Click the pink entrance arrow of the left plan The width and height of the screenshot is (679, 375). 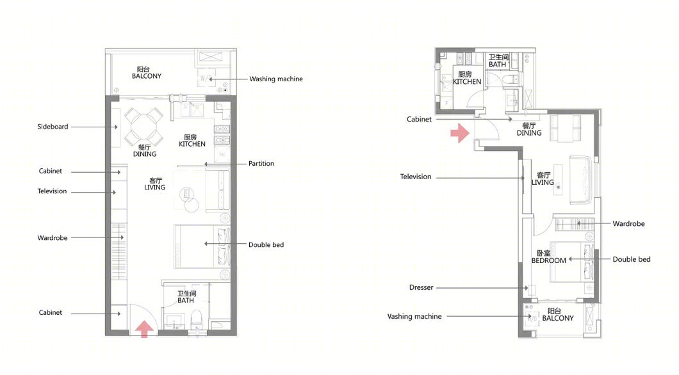pos(144,329)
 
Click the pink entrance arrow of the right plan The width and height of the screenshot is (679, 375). pos(460,132)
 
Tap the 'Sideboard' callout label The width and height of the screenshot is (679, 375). pos(53,127)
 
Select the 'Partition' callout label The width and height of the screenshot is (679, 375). pos(261,163)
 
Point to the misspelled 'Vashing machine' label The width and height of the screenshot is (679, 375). pos(414,317)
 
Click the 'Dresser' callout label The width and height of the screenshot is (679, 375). pos(421,287)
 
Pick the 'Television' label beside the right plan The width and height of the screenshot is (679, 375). pos(416,177)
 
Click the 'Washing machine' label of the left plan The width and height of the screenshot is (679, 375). pos(276,79)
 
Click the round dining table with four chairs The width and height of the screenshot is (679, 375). pos(143,127)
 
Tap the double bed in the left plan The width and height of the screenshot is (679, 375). pos(202,246)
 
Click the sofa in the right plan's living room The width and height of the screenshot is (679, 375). pos(581,179)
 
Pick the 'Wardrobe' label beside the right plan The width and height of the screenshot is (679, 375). pos(628,224)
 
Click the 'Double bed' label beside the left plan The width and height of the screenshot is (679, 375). pos(266,245)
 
